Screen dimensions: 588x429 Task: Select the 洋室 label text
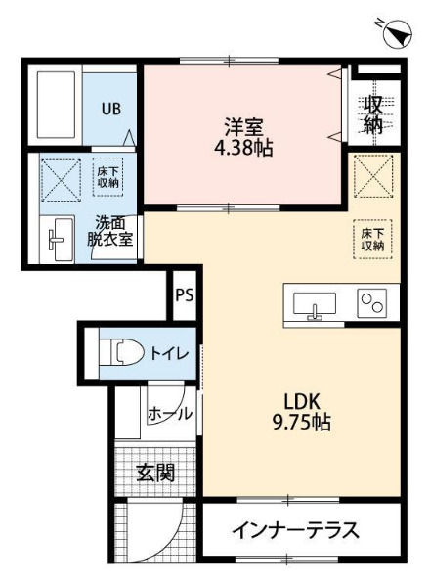coord(244,126)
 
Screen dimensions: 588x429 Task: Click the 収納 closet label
coord(374,114)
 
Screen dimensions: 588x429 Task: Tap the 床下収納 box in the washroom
coord(107,176)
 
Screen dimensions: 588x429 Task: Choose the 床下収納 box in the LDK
coord(372,239)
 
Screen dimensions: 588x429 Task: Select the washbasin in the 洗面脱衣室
coord(57,239)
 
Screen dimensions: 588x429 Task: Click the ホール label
coord(169,414)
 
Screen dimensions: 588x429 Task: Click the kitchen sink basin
coord(315,303)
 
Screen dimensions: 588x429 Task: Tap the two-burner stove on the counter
coord(371,303)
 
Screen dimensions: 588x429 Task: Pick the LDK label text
coord(302,401)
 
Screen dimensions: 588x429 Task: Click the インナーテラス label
coord(295,531)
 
